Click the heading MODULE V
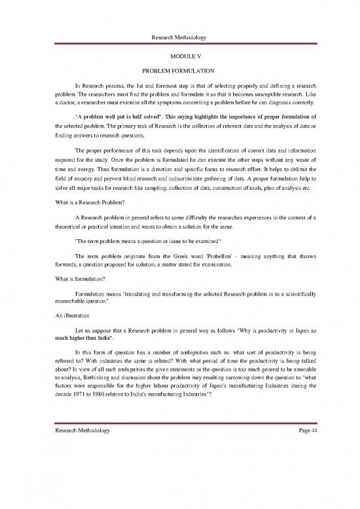[x=179, y=56]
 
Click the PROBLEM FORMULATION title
[x=179, y=71]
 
